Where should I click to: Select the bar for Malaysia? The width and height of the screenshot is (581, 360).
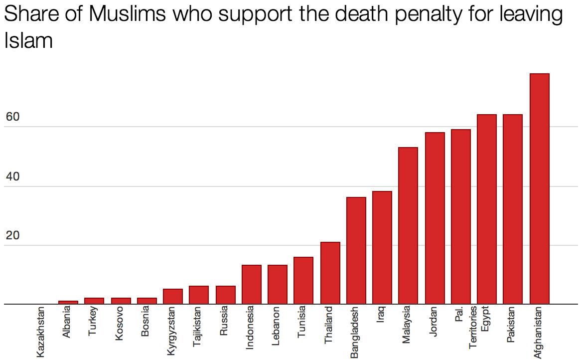[x=408, y=225]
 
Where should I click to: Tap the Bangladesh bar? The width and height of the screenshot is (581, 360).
[x=356, y=250]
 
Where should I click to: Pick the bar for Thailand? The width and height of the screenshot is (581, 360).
[x=330, y=273]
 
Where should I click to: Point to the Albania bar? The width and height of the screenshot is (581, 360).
[x=68, y=302]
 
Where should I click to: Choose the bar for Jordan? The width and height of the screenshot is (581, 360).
[x=435, y=218]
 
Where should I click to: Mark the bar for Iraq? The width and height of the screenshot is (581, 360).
[x=382, y=247]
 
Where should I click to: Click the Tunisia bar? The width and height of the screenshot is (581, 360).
[x=303, y=280]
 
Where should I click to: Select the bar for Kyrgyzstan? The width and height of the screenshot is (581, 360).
[x=173, y=296]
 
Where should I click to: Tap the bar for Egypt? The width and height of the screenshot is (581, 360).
[x=487, y=209]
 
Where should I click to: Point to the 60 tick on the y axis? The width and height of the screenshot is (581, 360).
[x=12, y=118]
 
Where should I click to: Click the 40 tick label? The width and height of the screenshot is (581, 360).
[x=12, y=177]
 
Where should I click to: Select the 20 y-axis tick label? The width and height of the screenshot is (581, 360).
[x=12, y=236]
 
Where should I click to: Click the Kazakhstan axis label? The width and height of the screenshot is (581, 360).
[x=41, y=333]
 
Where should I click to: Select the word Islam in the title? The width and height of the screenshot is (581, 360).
[x=28, y=41]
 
